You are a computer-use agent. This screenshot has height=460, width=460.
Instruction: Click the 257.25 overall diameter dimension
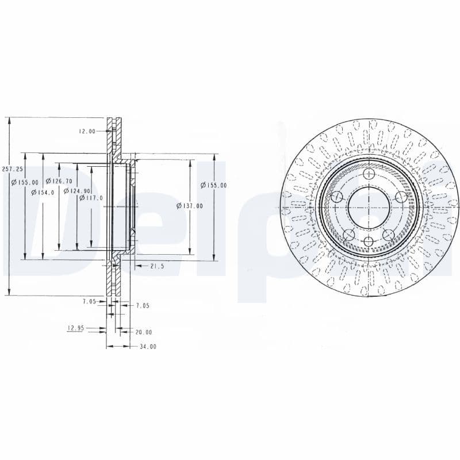[x=12, y=169]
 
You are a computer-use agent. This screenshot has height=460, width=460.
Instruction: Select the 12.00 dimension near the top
[x=87, y=132]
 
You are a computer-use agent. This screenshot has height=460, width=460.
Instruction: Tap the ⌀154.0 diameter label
[x=43, y=193]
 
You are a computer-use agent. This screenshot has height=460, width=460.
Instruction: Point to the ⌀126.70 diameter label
[x=59, y=181]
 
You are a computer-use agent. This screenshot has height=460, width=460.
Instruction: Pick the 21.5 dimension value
[x=157, y=266]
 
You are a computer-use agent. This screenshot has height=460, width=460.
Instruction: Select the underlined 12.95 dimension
[x=76, y=328]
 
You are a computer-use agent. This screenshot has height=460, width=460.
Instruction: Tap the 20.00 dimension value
[x=144, y=332]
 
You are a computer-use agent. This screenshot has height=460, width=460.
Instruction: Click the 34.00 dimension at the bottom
[x=147, y=347]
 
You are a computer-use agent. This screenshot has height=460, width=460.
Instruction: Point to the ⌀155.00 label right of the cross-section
[x=213, y=185]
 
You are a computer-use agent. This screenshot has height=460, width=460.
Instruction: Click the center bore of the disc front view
[x=369, y=208]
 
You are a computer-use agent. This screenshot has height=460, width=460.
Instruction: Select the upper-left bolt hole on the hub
[x=338, y=197]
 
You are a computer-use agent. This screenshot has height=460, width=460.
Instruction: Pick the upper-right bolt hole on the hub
[x=401, y=197]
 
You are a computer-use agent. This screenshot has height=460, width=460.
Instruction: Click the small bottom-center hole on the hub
[x=369, y=240]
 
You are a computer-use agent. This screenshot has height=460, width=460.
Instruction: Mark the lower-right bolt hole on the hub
[x=389, y=234]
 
